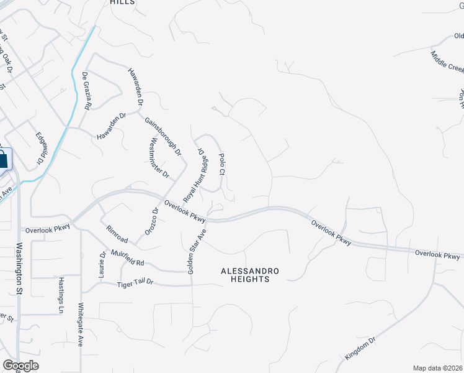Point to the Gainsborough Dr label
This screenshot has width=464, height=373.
[163, 136]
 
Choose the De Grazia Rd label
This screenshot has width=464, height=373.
[87, 91]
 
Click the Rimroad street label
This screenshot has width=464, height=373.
[117, 235]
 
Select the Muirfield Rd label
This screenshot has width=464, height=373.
[127, 257]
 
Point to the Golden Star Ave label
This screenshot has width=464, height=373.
[197, 251]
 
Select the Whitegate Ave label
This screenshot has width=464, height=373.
[80, 325]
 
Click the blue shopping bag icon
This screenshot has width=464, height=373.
[2, 159]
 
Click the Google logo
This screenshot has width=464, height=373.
[21, 365]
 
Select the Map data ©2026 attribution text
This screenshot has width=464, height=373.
[437, 367]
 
